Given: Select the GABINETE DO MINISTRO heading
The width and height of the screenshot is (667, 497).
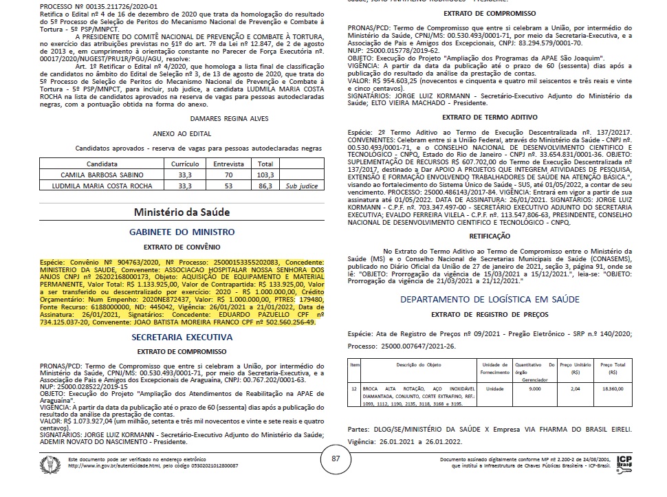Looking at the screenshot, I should coord(182,232).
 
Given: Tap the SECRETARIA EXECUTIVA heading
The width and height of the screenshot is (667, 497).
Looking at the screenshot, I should coord(182,337).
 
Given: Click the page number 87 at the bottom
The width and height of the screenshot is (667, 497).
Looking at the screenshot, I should coord(336,459).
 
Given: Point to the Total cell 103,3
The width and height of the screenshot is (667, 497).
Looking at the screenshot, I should coord(265,176).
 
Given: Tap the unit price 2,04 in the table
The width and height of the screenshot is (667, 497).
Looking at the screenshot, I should coord(576,388).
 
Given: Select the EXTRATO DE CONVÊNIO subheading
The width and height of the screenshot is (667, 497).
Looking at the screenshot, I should coord(182,246).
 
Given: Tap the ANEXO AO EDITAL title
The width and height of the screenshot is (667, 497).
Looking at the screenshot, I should coord(182,134).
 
